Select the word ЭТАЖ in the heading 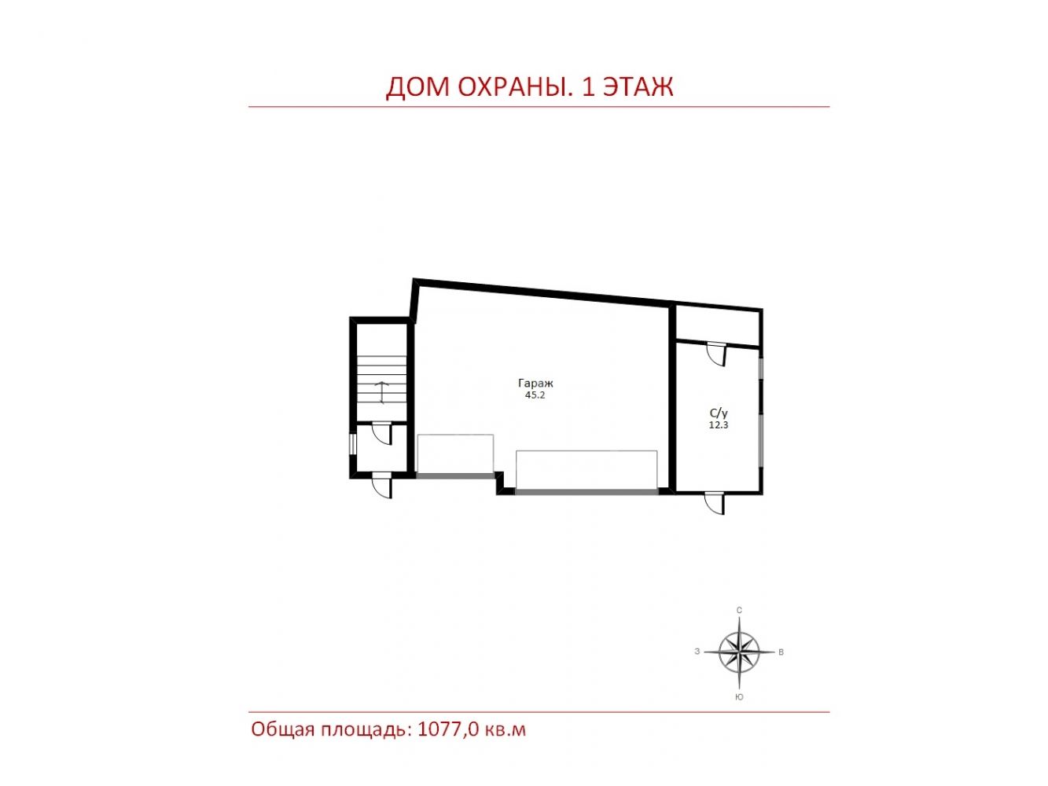coord(638,87)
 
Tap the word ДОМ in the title coord(417,88)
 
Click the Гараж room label coord(535,384)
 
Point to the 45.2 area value coord(535,395)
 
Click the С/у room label coord(718,413)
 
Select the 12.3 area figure coord(718,424)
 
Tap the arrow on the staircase coord(381,393)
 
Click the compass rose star coord(739,652)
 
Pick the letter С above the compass coord(739,611)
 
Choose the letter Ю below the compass coord(739,697)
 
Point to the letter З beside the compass coord(697,652)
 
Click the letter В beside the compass coord(781,652)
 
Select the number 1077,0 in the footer coord(448,729)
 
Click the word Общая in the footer coord(283,729)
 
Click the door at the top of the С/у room coord(717,354)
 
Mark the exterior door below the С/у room coord(715,503)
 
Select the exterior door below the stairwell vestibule coord(382,485)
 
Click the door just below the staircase coord(382,434)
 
